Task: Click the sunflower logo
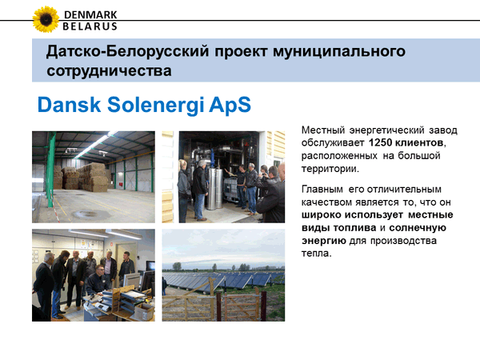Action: (x=46, y=19)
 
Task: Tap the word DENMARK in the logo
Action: (x=90, y=14)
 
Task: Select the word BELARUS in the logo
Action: (x=90, y=26)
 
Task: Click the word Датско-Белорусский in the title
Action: (x=127, y=51)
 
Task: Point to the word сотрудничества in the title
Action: (x=109, y=70)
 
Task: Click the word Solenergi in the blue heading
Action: (x=155, y=105)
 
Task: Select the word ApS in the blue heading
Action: (x=230, y=105)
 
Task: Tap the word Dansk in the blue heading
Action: (x=69, y=105)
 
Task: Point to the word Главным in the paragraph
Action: (x=322, y=189)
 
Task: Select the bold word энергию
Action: (x=324, y=242)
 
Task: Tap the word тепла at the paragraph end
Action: (x=315, y=254)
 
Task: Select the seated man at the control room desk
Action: (x=98, y=281)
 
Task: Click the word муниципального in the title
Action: (x=339, y=51)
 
